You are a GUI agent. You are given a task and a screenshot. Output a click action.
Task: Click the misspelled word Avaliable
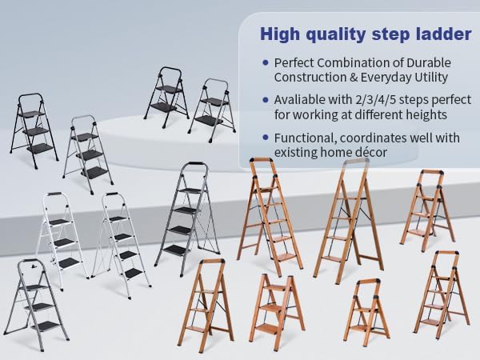(x=300, y=101)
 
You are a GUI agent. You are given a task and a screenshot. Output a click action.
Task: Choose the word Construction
(x=309, y=78)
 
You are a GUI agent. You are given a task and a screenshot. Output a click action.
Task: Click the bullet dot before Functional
(x=264, y=139)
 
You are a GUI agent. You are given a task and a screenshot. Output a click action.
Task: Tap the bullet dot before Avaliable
(x=264, y=101)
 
